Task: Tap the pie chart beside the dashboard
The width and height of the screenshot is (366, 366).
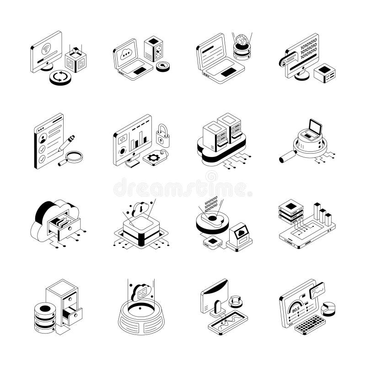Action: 328,308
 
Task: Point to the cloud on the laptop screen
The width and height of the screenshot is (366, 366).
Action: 126,53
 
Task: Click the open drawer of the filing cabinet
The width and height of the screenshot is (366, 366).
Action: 72,316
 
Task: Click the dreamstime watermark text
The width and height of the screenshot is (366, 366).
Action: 183,187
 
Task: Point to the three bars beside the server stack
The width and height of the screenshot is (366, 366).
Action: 322,215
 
